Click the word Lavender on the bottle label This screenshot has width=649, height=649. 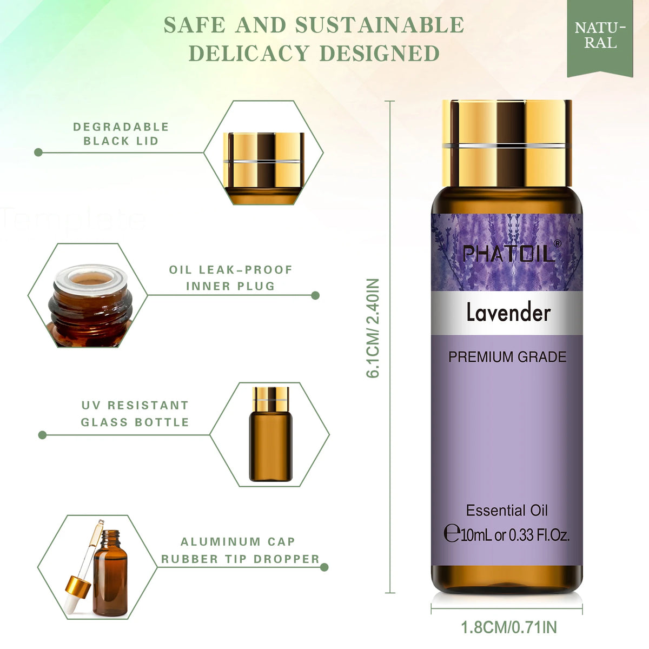(x=508, y=313)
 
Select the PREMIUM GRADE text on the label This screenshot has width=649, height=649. (x=507, y=357)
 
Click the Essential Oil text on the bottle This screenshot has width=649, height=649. (x=507, y=510)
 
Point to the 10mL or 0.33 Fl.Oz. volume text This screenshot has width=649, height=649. (x=507, y=534)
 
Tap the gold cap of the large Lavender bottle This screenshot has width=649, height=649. (x=507, y=143)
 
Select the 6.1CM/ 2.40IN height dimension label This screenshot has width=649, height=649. (x=373, y=328)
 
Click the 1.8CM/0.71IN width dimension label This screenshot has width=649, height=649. (x=508, y=627)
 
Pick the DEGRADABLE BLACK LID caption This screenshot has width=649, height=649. (x=121, y=134)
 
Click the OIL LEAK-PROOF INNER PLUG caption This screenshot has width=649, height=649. (x=231, y=277)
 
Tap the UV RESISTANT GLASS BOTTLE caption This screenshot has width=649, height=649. (x=135, y=413)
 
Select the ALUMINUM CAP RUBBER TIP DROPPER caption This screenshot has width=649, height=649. (x=240, y=551)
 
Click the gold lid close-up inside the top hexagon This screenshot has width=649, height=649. (x=263, y=168)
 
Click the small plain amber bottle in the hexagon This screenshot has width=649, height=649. (x=271, y=434)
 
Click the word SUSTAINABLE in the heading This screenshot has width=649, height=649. (x=380, y=25)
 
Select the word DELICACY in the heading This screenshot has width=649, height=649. (x=249, y=53)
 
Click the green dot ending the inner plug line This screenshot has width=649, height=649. (x=315, y=295)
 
